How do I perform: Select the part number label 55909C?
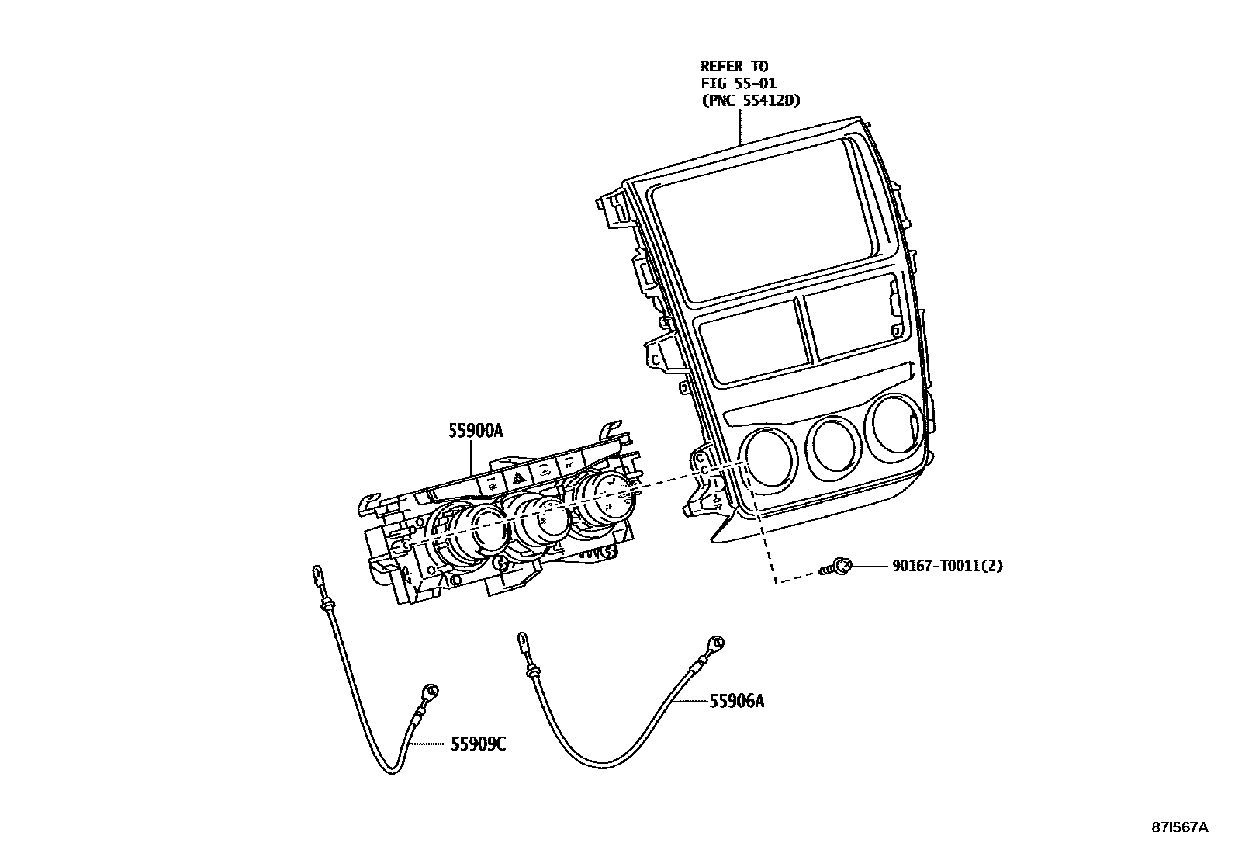(478, 744)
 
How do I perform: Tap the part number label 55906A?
(736, 701)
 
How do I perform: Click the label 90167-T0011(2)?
(946, 566)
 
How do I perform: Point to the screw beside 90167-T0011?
(837, 567)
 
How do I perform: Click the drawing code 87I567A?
(1179, 827)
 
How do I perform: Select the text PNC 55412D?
(750, 100)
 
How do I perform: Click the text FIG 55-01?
(739, 83)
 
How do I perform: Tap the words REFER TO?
(734, 66)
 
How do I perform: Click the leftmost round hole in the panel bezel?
(767, 459)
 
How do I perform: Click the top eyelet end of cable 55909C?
(319, 574)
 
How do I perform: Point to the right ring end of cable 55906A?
(717, 643)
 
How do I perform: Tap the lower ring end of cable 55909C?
(432, 689)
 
